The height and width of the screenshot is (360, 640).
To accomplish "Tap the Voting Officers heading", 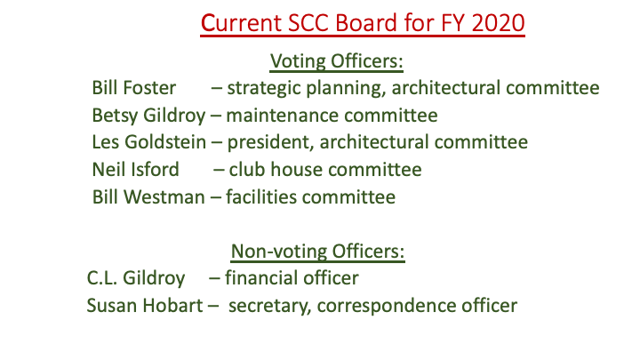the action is pyautogui.click(x=336, y=61).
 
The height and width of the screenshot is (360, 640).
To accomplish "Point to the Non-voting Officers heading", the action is pyautogui.click(x=317, y=251).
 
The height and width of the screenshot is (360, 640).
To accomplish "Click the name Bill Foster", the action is pyautogui.click(x=134, y=88).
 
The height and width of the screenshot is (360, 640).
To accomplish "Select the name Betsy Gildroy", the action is pyautogui.click(x=148, y=116).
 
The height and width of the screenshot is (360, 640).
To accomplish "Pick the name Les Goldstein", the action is pyautogui.click(x=149, y=142).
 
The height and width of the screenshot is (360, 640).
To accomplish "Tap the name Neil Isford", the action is pyautogui.click(x=135, y=170).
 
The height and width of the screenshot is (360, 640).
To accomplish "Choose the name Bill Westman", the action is pyautogui.click(x=148, y=197).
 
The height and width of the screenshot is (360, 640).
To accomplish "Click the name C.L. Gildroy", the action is pyautogui.click(x=136, y=278).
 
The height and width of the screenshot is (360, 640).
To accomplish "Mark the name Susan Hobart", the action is pyautogui.click(x=145, y=305).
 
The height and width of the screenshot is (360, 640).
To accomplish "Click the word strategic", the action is pyautogui.click(x=264, y=89).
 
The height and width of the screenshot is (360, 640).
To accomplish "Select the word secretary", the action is pyautogui.click(x=269, y=306).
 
